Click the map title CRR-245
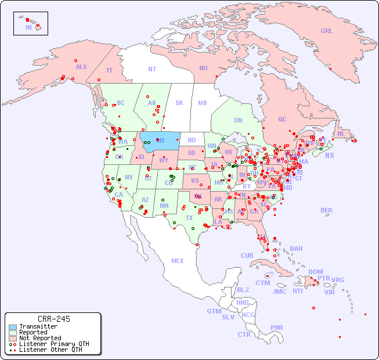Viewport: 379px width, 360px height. coord(53,319)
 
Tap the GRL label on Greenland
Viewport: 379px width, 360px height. coord(327,31)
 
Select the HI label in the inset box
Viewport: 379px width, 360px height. coord(28,27)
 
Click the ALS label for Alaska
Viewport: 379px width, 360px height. coord(81,67)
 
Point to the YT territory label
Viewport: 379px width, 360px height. coord(109,70)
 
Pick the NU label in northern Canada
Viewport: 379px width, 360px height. coord(203,68)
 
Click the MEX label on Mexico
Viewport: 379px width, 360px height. coord(178,261)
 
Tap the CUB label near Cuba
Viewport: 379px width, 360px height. coord(247,255)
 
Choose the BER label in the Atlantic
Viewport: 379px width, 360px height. coord(326,210)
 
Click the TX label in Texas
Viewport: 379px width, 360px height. coord(189,218)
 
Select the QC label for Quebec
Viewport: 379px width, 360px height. coord(282,119)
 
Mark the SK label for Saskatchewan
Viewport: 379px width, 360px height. coord(179,103)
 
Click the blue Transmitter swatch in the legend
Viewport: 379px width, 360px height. coord(12,327)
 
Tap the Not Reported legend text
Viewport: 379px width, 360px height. coord(40,338)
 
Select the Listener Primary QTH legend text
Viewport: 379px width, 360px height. coord(53,344)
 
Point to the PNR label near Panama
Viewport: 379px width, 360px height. coord(277,327)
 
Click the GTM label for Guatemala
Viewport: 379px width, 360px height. coord(214,311)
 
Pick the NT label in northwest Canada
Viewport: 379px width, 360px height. coord(151,69)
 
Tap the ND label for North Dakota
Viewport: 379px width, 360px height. coord(192,140)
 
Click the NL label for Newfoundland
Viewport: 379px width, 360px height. coord(341,134)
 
